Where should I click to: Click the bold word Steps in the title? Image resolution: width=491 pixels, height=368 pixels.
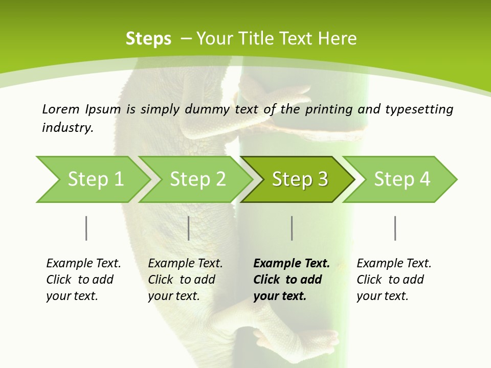tap(148, 39)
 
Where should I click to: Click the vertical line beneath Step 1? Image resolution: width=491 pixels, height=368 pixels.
tap(86, 228)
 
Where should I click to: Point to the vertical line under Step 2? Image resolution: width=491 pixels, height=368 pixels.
tap(189, 228)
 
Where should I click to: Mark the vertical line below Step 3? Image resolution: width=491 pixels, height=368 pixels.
tap(292, 228)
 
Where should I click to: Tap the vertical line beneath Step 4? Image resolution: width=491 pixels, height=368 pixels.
tap(395, 228)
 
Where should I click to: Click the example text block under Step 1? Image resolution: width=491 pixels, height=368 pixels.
tap(83, 280)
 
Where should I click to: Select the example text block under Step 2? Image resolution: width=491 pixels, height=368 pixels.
tap(185, 280)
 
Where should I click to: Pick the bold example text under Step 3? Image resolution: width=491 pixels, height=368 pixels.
tap(292, 280)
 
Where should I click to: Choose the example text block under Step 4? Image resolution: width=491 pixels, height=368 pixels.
tap(394, 280)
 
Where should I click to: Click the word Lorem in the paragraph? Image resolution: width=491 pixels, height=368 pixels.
tap(60, 109)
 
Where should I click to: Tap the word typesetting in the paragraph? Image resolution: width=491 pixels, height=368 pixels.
tap(419, 109)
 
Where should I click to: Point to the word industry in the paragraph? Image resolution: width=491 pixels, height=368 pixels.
tap(68, 127)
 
